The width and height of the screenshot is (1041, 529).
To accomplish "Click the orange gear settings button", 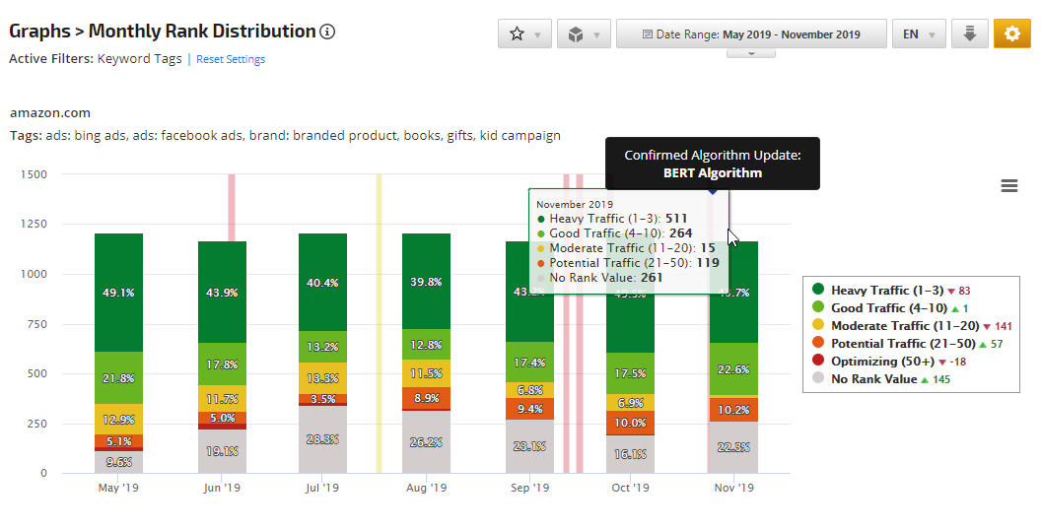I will (x=1011, y=33).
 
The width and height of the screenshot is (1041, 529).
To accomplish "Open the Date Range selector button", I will (x=751, y=33).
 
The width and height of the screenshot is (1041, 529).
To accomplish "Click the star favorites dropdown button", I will (x=524, y=33).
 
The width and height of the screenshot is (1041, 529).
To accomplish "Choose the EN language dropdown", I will (x=919, y=33).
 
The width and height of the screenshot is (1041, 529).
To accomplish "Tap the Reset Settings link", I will (x=231, y=59).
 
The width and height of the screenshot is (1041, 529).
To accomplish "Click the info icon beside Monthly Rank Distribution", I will (x=328, y=32).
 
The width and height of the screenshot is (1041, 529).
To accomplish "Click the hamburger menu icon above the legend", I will (x=1008, y=185).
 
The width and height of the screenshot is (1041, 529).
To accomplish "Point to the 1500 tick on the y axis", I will (x=33, y=174).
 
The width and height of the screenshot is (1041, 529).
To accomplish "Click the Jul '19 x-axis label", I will (x=322, y=488).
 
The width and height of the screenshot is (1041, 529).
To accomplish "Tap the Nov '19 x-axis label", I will (x=733, y=488).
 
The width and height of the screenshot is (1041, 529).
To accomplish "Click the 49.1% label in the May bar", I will (x=119, y=292).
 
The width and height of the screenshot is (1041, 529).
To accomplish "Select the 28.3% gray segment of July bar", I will (x=322, y=439).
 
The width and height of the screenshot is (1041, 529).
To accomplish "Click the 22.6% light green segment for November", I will (x=733, y=369).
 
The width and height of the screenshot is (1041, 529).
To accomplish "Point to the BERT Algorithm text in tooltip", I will (x=712, y=172).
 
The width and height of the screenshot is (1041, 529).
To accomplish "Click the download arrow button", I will (x=969, y=33).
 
